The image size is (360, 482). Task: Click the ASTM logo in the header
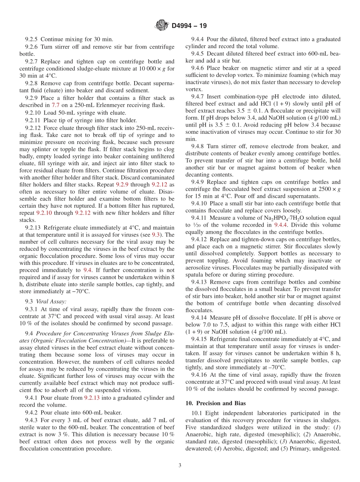click(162, 26)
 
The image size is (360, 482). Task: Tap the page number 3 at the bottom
click(180, 466)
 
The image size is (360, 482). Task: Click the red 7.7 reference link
click(56, 105)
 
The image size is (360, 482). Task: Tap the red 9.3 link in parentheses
click(156, 235)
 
